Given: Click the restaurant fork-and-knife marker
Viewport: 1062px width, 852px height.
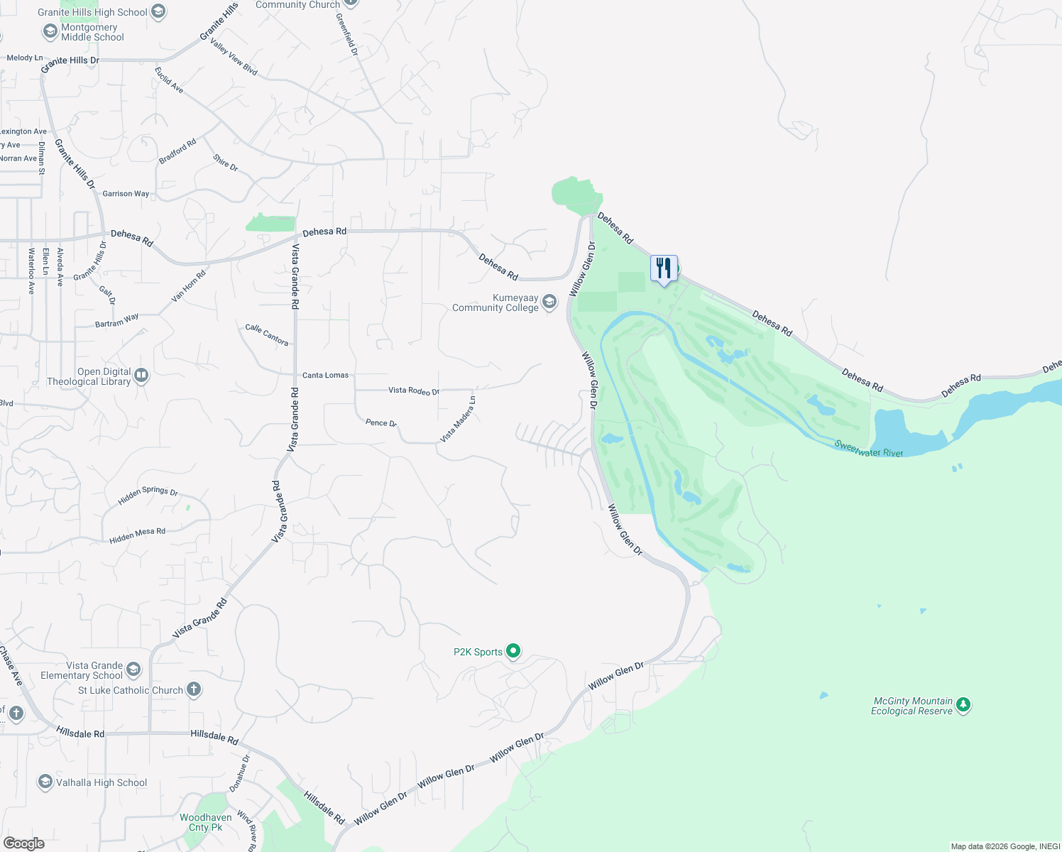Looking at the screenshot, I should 664,268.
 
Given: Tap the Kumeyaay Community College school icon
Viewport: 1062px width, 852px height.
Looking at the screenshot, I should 549,302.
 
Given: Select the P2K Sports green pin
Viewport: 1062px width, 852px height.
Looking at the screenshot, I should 513,651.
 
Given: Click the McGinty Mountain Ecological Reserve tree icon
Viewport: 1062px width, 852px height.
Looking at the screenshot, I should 963,705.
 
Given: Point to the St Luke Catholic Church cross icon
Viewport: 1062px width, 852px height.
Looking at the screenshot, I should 193,689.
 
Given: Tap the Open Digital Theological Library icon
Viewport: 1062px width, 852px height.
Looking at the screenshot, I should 141,376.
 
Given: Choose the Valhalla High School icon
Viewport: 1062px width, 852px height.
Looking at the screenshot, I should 45,782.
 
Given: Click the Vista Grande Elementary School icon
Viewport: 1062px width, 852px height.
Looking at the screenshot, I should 133,670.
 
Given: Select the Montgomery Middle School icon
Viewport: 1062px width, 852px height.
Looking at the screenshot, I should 50,31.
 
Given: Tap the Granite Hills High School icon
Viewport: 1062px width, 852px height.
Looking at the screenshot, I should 158,11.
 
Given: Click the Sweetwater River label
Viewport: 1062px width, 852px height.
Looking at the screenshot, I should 868,449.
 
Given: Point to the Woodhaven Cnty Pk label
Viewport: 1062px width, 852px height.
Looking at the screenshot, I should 205,822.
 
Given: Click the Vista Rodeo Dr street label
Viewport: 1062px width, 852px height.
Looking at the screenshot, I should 413,390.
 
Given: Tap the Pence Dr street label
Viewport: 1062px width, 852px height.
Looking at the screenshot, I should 381,422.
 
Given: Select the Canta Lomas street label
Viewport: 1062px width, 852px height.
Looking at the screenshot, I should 325,375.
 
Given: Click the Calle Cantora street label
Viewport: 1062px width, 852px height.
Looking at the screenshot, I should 267,334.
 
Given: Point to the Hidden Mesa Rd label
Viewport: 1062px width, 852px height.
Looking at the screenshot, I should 137,536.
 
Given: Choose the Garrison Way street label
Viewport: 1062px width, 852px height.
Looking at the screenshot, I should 126,193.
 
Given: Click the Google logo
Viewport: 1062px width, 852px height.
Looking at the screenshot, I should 23,843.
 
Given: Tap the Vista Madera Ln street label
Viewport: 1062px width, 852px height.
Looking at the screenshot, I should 458,420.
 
